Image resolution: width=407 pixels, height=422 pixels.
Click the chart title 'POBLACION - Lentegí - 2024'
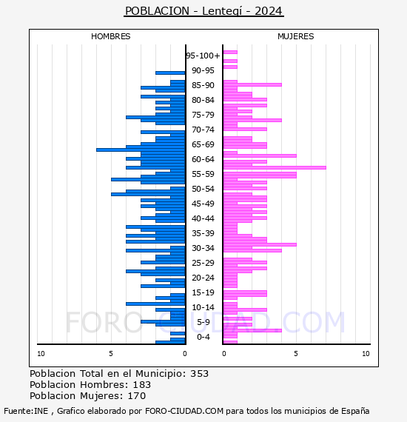203,11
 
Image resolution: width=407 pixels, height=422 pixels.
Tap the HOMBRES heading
110,36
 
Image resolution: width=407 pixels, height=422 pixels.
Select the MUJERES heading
296,36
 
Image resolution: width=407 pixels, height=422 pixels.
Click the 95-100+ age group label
203,56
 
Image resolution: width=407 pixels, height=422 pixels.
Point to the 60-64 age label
203,159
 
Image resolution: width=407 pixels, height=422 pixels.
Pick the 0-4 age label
203,337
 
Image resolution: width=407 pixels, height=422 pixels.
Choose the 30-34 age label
203,248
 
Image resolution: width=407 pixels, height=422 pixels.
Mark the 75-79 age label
203,115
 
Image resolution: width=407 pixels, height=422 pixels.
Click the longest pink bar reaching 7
275,167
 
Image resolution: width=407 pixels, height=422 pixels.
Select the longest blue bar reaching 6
141,150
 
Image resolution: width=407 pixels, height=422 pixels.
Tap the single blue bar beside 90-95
170,73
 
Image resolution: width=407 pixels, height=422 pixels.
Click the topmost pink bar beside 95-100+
230,53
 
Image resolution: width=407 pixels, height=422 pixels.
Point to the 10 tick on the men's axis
41,354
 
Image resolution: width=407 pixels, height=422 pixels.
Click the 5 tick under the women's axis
296,354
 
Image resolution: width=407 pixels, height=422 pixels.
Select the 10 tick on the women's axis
366,354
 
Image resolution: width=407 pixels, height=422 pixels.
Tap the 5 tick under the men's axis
111,354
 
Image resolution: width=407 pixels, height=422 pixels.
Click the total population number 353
199,374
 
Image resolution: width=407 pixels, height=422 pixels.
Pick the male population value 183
142,384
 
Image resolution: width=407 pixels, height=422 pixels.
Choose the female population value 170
137,396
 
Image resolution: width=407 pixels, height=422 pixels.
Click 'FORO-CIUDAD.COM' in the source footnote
184,411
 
